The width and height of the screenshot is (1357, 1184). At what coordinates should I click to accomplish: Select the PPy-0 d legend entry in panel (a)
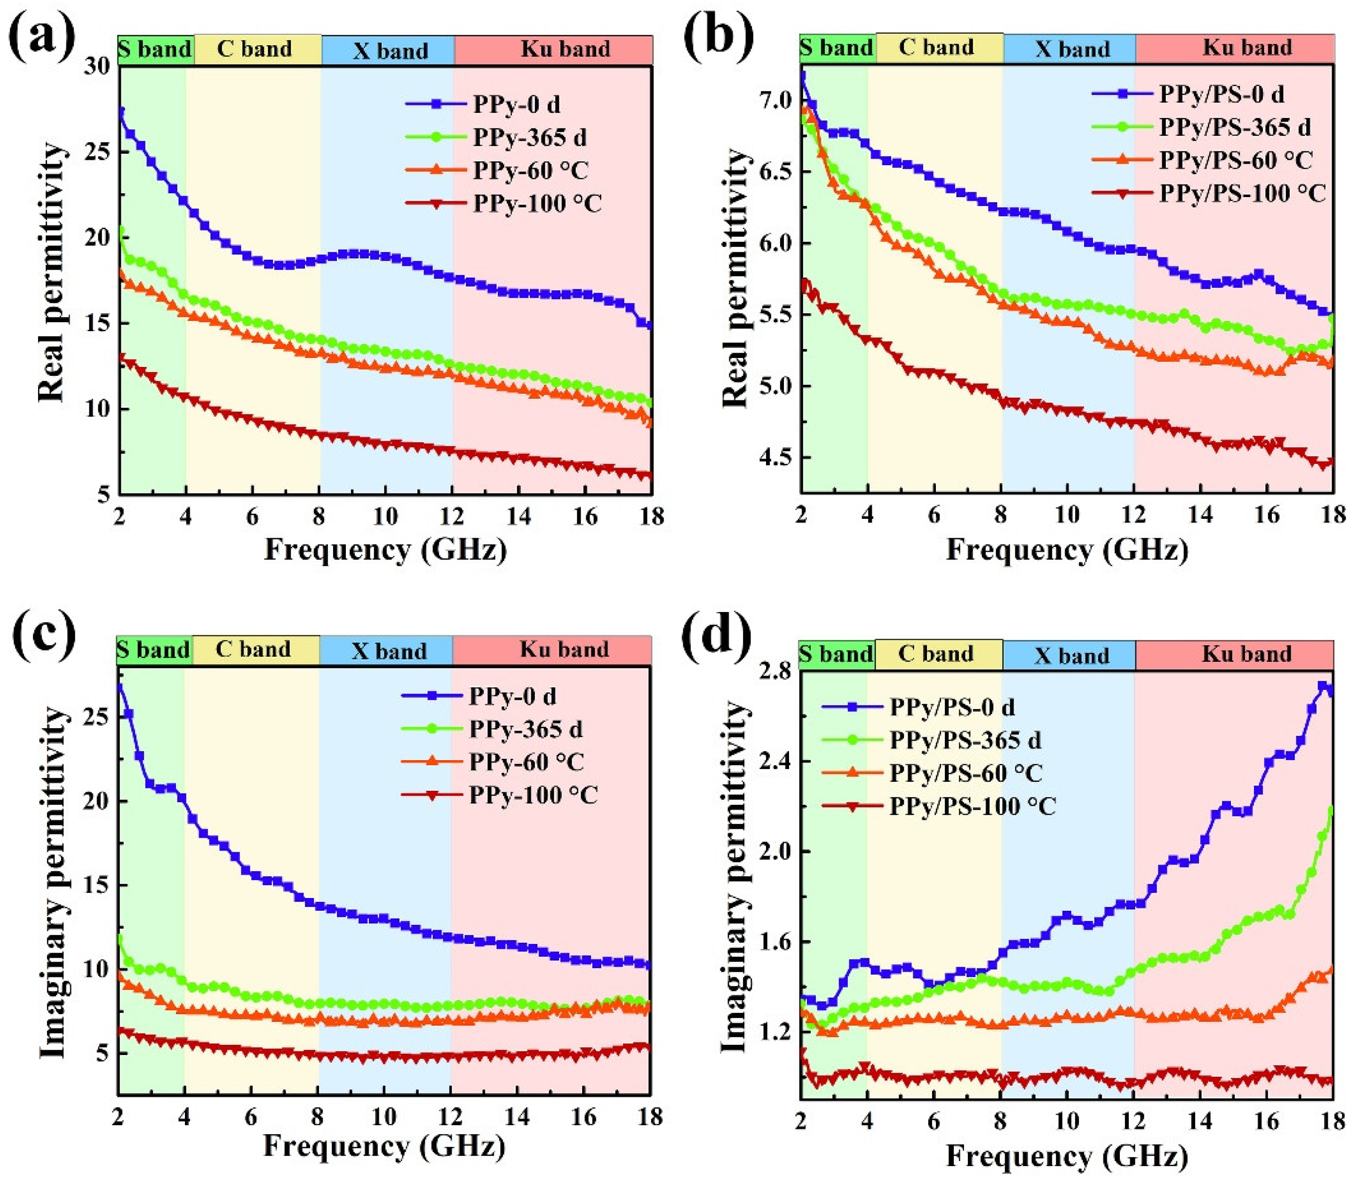(516, 104)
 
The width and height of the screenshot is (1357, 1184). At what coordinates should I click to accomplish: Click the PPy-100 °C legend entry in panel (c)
(533, 795)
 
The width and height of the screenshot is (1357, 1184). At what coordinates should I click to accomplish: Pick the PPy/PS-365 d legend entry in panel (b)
(1235, 127)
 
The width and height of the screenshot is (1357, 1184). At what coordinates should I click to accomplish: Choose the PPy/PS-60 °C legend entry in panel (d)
(966, 773)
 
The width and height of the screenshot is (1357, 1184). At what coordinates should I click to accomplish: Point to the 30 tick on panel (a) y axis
(98, 66)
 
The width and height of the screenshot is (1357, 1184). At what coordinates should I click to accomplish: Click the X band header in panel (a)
(390, 51)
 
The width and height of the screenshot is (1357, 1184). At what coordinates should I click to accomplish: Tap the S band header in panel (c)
(153, 650)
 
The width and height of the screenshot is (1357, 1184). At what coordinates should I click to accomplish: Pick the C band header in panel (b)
(936, 48)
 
